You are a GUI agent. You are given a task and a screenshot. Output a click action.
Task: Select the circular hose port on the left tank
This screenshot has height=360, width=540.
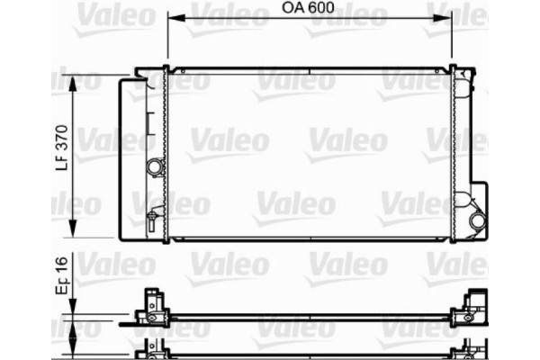pos(156,167)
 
